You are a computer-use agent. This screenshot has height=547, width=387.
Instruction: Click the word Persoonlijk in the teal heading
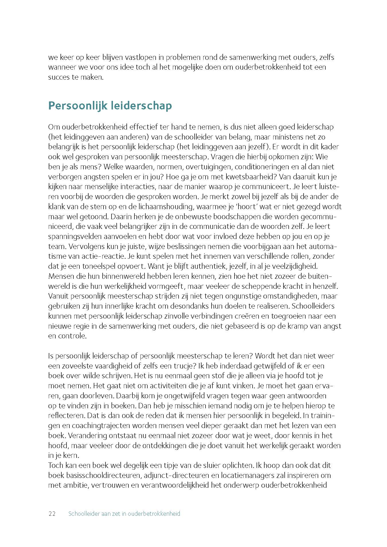pyautogui.click(x=74, y=106)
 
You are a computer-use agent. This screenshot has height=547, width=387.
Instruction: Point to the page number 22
pyautogui.click(x=52, y=513)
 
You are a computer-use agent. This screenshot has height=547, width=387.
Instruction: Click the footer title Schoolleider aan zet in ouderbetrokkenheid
pyautogui.click(x=124, y=513)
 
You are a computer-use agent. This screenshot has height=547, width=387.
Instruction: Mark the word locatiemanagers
pyautogui.click(x=245, y=475)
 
